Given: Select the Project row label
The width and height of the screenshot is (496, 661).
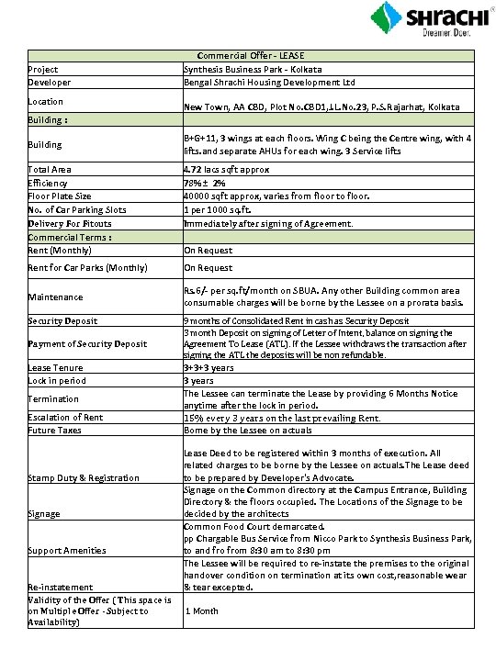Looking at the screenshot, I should [43, 69].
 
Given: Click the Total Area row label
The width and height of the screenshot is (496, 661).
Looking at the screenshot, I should [50, 169].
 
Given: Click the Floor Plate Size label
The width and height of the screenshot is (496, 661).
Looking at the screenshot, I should [60, 196].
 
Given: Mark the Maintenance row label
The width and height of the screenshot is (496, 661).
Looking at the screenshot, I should [55, 297].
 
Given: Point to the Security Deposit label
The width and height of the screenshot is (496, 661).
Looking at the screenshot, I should [63, 321].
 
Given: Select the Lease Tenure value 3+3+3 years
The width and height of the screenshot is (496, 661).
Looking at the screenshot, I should [209, 366].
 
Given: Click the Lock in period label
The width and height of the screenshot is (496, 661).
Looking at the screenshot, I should [57, 379].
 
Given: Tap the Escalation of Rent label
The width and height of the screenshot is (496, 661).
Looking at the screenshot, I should [65, 418].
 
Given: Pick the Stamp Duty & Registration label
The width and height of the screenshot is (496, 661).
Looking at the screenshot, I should [84, 477].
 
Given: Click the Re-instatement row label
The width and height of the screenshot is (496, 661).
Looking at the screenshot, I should [60, 586].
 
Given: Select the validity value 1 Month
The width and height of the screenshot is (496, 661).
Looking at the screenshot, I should [202, 611].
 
